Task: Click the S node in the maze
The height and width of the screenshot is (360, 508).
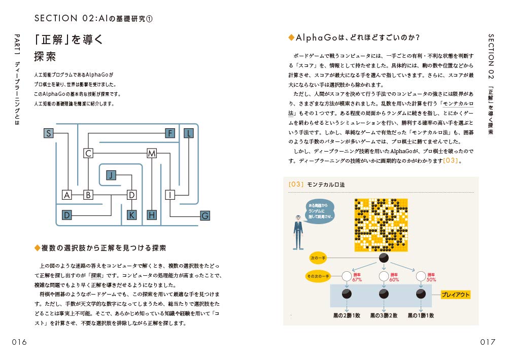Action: pyautogui.click(x=49, y=133)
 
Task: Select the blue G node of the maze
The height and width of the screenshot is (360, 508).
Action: pyautogui.click(x=205, y=215)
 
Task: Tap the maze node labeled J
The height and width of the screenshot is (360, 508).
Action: pyautogui.click(x=112, y=175)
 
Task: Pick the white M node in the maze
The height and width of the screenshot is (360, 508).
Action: pyautogui.click(x=152, y=153)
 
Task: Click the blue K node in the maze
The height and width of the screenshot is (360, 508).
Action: pyautogui.click(x=132, y=215)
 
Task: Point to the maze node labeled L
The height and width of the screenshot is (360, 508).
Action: pyautogui.click(x=189, y=133)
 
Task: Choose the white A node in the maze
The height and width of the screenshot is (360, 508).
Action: pyautogui.click(x=67, y=195)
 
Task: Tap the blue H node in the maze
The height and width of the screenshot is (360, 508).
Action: pyautogui.click(x=152, y=215)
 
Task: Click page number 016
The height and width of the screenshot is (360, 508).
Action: pyautogui.click(x=19, y=342)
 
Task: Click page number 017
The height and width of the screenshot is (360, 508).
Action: pyautogui.click(x=488, y=342)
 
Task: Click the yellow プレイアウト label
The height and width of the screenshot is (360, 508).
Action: pyautogui.click(x=455, y=295)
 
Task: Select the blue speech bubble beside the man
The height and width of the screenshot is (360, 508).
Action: pyautogui.click(x=320, y=211)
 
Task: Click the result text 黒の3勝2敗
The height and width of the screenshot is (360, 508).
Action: pyautogui.click(x=384, y=315)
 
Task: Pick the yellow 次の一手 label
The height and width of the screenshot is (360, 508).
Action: pyautogui.click(x=319, y=258)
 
